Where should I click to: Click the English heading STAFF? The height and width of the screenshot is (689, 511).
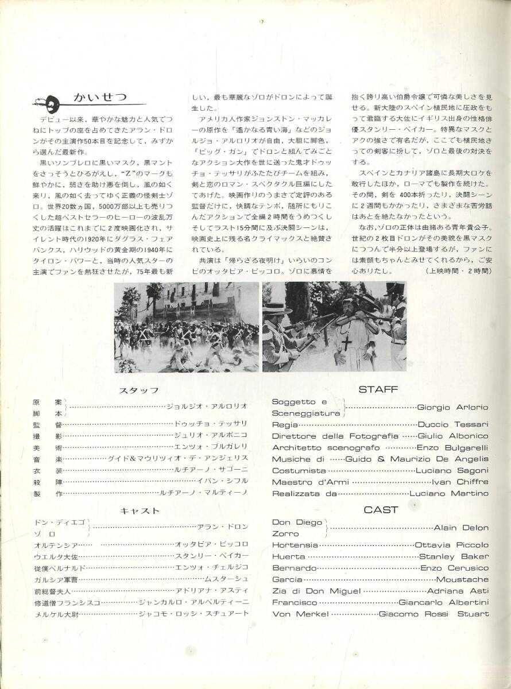tap(378, 389)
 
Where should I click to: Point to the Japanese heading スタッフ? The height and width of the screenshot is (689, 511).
tap(138, 390)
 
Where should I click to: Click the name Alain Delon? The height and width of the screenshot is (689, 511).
tap(461, 528)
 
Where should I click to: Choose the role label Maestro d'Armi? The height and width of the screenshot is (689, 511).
tap(308, 482)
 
